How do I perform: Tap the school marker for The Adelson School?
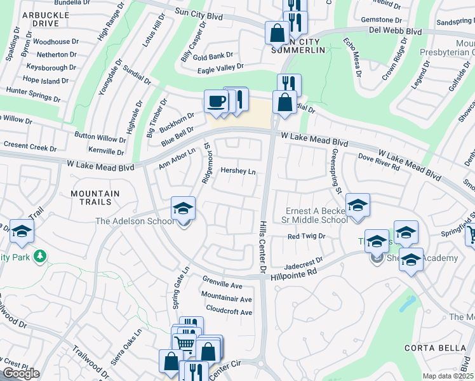pos(182,209)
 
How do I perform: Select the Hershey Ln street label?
pos(237,171)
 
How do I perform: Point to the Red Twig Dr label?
pos(306,236)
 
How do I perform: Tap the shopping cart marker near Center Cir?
pos(184,344)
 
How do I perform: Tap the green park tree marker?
pos(41,256)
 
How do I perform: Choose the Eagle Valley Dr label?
pos(220,67)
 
